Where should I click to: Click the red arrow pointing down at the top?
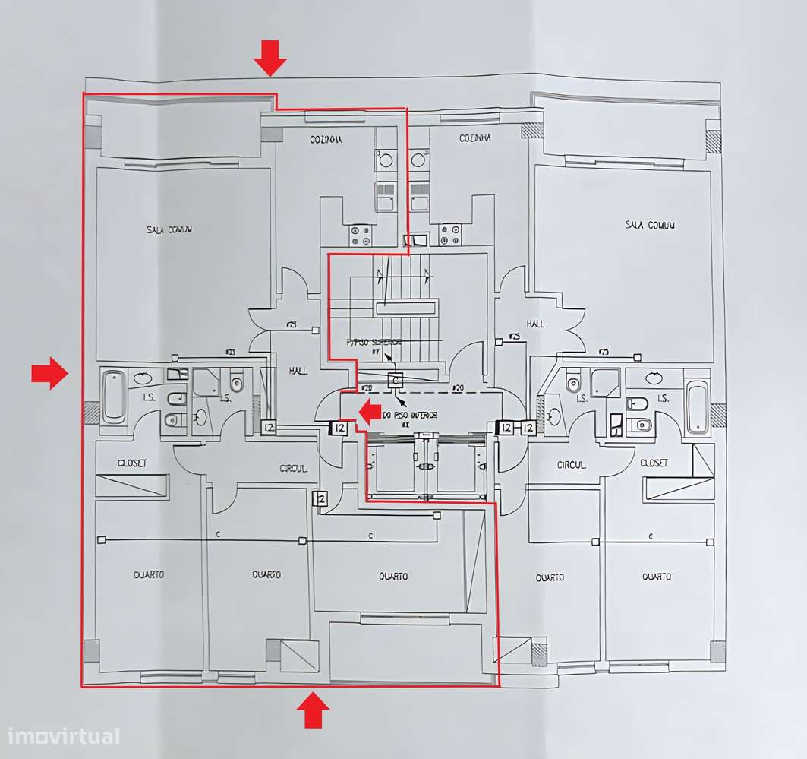click(x=270, y=58)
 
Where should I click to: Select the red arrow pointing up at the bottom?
click(x=312, y=710)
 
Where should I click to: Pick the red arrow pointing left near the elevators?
click(x=370, y=413)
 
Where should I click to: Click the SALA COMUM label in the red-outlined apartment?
click(x=169, y=229)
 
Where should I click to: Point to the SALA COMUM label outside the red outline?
click(x=650, y=225)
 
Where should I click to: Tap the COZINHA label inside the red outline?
click(x=326, y=140)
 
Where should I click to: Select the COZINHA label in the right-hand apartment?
click(x=475, y=138)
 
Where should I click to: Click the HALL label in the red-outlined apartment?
click(x=298, y=371)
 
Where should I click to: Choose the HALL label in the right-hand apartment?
click(x=536, y=324)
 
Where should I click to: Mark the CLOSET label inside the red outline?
click(x=132, y=463)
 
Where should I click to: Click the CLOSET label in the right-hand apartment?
click(x=654, y=463)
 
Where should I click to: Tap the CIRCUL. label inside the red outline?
click(x=293, y=469)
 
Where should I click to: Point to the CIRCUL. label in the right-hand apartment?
click(x=571, y=465)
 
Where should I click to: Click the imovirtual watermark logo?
click(x=63, y=735)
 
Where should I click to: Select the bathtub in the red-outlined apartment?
click(x=114, y=396)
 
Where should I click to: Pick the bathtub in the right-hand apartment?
click(x=696, y=408)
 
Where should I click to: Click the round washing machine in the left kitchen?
click(x=385, y=160)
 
